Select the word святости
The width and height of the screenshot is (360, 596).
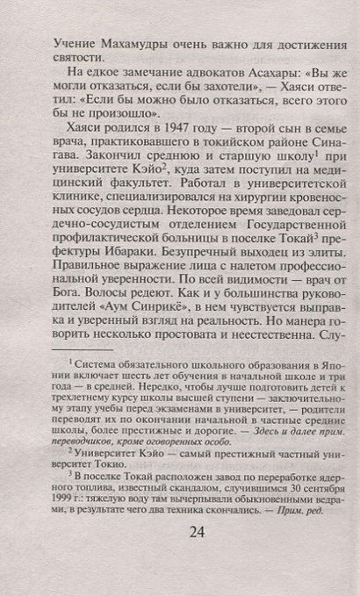[x=76, y=60]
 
